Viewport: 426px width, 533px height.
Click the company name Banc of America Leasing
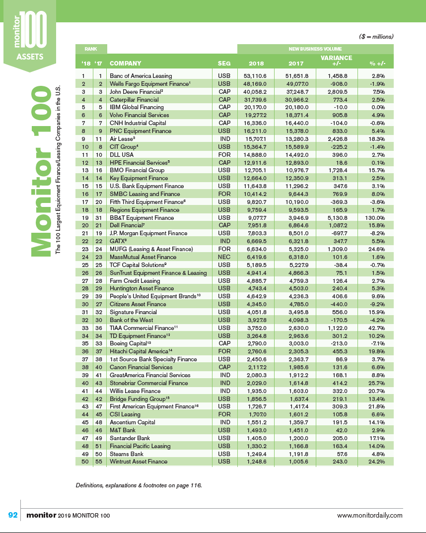click(x=141, y=76)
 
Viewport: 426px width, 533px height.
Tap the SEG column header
click(x=224, y=64)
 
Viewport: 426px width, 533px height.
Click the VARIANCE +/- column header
click(x=337, y=61)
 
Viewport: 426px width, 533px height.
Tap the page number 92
click(x=13, y=515)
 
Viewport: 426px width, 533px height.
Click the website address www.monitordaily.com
click(x=370, y=516)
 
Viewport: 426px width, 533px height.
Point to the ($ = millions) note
click(x=376, y=37)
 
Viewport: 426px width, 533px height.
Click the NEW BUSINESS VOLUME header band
click(x=315, y=49)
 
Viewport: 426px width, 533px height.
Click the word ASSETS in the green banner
click(x=30, y=56)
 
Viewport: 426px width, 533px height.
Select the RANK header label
click(x=91, y=49)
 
